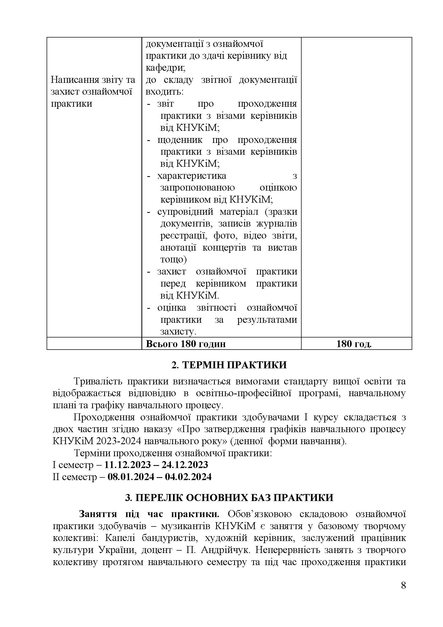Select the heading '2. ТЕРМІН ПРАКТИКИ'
tap(229, 365)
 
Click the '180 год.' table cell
tap(354, 344)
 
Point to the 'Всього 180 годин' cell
tap(186, 344)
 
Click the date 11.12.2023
tap(128, 465)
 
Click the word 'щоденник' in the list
tap(180, 140)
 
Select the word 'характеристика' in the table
tap(192, 176)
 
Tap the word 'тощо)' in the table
tap(174, 259)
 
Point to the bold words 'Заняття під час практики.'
tap(149, 514)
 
